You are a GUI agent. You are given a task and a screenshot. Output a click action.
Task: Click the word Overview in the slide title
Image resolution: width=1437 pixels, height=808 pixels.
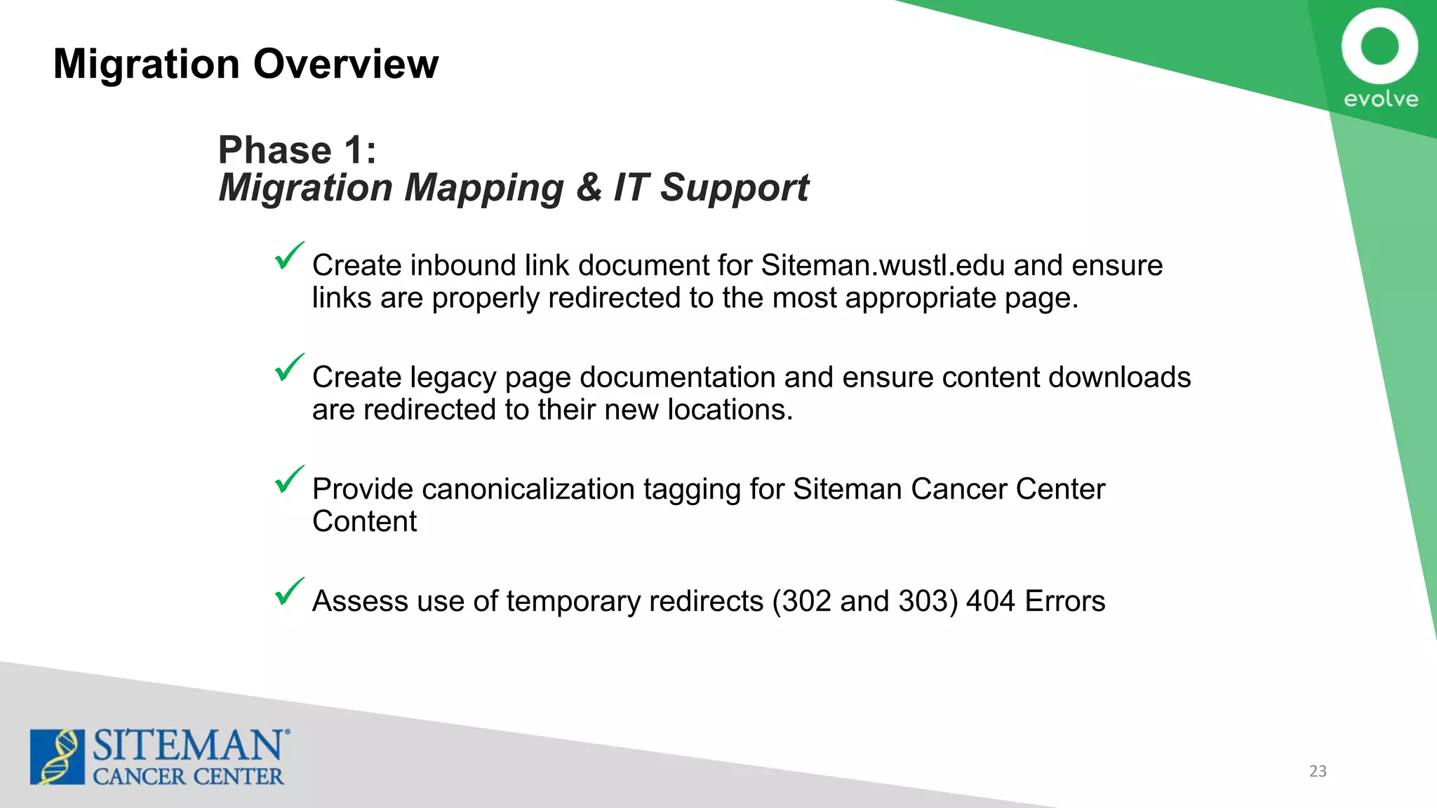[x=346, y=64]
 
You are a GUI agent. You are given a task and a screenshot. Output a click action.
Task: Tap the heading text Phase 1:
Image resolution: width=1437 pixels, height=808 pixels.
[x=298, y=150]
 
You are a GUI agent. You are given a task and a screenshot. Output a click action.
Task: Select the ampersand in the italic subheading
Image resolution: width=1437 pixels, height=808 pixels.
[x=589, y=187]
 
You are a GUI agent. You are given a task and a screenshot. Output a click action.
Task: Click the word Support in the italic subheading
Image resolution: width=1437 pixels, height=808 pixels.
[x=734, y=188]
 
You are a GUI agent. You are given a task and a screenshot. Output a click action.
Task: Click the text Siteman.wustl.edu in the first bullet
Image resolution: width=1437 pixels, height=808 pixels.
[x=883, y=265]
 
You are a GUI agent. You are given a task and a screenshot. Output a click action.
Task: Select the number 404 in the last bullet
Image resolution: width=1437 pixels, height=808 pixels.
[x=990, y=601]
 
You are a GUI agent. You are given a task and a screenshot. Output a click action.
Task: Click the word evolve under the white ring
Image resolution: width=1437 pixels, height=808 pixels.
[x=1380, y=99]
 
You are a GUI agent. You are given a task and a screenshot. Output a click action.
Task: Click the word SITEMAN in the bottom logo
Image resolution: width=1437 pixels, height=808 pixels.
[x=188, y=746]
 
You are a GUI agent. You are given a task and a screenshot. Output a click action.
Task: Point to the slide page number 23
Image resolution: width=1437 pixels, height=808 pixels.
[x=1318, y=771]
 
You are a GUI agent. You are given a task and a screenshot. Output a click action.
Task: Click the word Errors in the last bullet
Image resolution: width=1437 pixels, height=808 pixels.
[x=1064, y=601]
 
